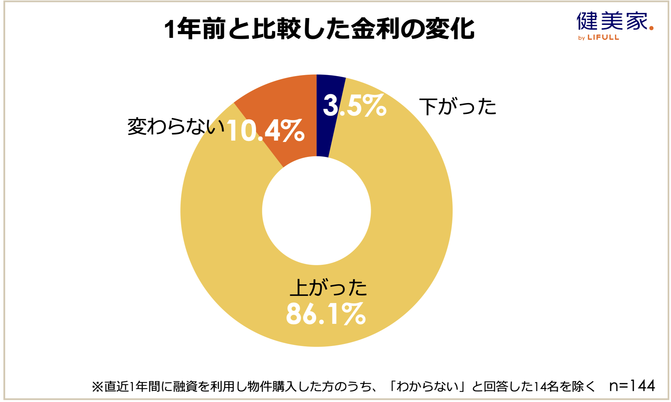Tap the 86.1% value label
coord(326,314)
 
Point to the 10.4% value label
coord(265,131)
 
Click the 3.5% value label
coord(354,105)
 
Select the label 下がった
coord(458,106)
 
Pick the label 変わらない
coord(176,126)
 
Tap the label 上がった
coord(328,287)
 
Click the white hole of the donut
coord(316,211)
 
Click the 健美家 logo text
coord(612,21)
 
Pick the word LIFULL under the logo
coord(603,38)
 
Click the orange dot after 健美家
coord(652,28)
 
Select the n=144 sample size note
coord(632,386)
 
